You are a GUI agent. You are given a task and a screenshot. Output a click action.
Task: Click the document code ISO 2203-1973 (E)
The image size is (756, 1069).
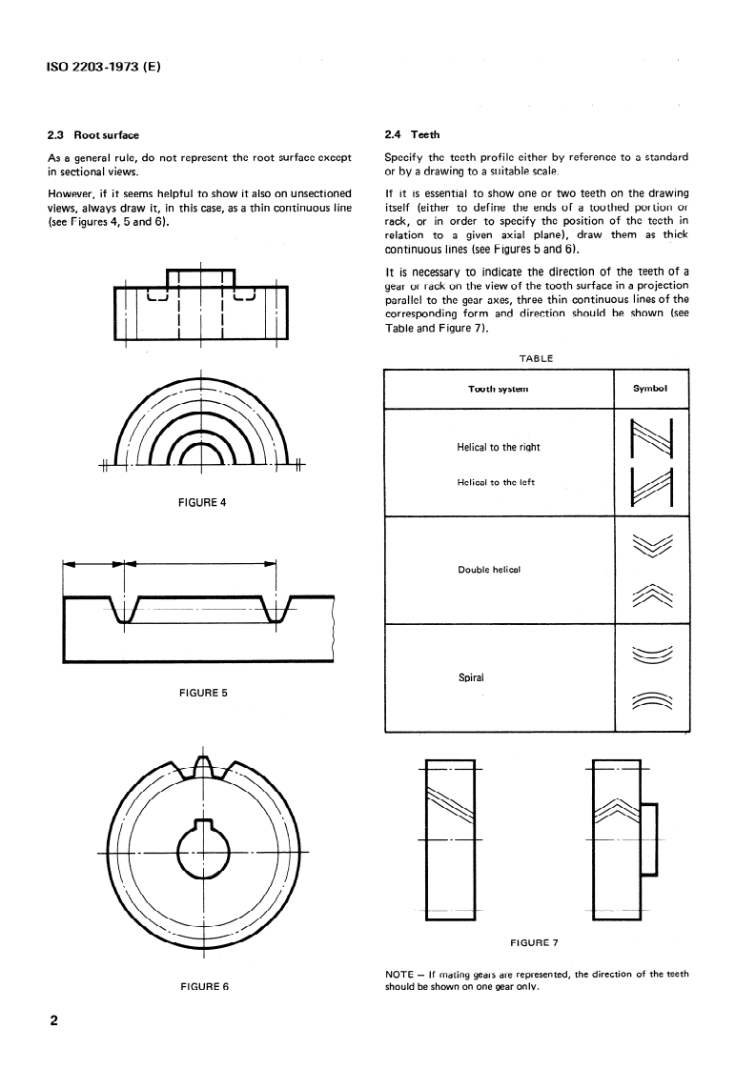[102, 68]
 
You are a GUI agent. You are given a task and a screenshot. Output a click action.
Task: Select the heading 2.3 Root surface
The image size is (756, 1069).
[93, 135]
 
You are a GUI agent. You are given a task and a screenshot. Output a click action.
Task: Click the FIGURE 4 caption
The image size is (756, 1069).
[202, 503]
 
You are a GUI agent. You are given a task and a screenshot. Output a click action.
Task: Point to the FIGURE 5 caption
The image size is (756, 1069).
[202, 693]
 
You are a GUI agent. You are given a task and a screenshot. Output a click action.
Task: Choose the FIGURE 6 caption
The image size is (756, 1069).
[204, 986]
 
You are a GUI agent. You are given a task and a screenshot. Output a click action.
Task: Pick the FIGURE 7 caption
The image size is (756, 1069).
[534, 943]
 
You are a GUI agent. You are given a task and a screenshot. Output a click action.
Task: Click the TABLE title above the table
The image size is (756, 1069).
[535, 358]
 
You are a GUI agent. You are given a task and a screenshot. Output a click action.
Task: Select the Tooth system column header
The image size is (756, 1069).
[498, 389]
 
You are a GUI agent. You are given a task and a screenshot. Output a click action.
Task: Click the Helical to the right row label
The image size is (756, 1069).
[499, 447]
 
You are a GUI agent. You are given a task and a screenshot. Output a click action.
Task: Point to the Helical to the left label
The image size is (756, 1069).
[497, 482]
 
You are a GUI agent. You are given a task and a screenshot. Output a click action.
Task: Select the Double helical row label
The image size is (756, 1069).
[488, 570]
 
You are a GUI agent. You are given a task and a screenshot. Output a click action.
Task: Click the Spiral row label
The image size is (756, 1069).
[473, 678]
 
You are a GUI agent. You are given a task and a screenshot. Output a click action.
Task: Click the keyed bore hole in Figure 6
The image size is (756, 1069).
[202, 840]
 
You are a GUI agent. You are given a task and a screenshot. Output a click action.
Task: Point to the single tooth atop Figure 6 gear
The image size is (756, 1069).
[202, 765]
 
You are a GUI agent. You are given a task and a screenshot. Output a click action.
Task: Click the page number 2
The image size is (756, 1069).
[53, 1021]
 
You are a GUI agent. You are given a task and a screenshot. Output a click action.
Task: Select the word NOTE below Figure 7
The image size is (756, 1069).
[398, 974]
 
